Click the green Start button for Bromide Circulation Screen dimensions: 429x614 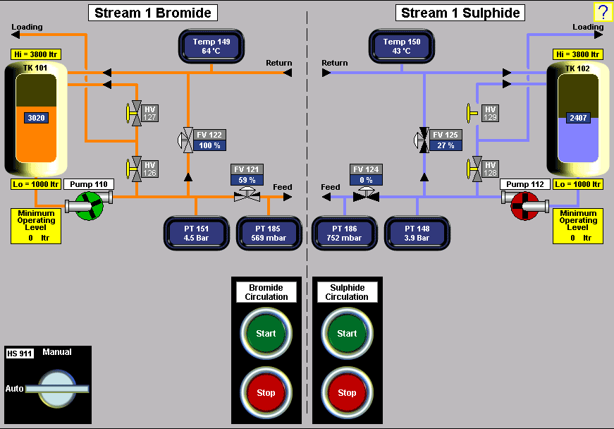266,334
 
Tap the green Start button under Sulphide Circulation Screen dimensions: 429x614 347,334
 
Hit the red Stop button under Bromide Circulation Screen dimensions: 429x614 266,392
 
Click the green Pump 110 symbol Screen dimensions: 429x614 90,205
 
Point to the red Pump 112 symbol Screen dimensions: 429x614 524,205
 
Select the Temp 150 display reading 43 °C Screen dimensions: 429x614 402,47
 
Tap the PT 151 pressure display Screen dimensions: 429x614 197,234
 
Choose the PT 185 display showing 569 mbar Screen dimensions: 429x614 268,234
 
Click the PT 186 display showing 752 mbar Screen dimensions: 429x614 344,234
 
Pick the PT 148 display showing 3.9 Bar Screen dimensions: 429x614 417,234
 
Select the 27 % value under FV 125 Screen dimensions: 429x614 446,145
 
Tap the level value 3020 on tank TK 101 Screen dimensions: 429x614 37,118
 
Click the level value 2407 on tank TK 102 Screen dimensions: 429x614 578,118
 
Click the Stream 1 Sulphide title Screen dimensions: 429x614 461,13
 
